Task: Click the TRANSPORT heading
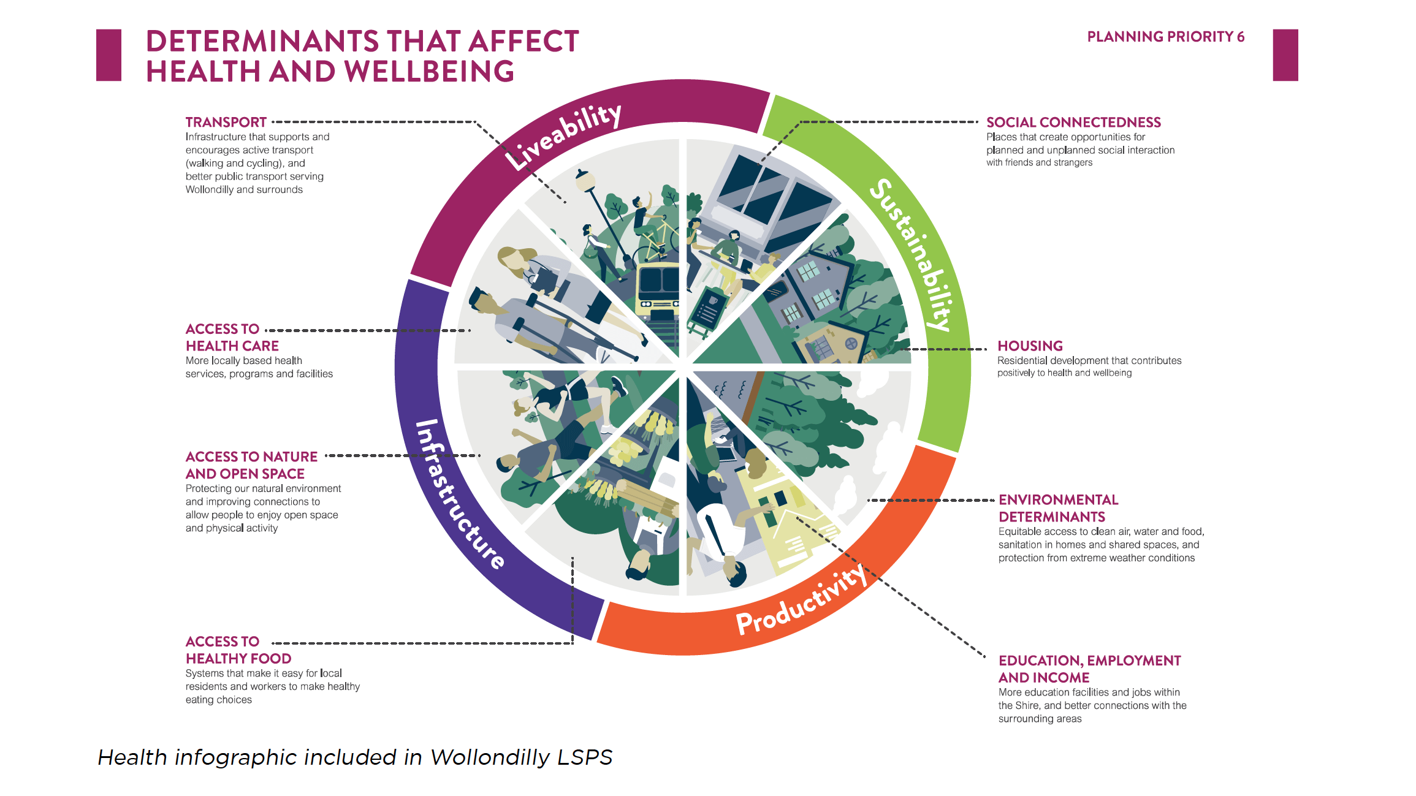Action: coord(226,123)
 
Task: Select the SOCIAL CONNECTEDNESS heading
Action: coord(1073,123)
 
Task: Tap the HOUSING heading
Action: coord(1030,346)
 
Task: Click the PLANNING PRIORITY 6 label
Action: coord(1165,37)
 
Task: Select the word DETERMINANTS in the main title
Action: coord(262,42)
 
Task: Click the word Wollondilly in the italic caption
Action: coord(490,757)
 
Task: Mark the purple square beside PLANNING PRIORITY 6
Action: coord(1285,55)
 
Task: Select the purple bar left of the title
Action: coord(108,55)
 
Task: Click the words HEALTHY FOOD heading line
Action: coord(238,659)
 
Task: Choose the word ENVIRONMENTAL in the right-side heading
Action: coord(1058,500)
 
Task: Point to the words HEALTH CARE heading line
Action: coord(232,346)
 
